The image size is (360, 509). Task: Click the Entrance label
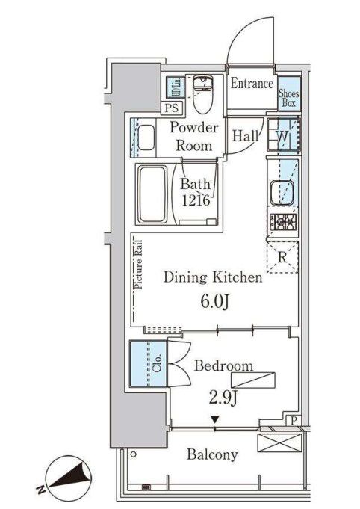pyautogui.click(x=252, y=84)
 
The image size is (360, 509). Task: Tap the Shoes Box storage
pyautogui.click(x=289, y=99)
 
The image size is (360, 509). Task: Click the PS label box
pyautogui.click(x=172, y=108)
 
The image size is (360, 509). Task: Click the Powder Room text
pyautogui.click(x=193, y=136)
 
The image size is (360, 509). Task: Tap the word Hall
pyautogui.click(x=246, y=136)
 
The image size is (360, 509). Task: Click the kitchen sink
pyautogui.click(x=282, y=191)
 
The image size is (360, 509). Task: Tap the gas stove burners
pyautogui.click(x=284, y=222)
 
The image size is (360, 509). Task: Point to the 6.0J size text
pyautogui.click(x=214, y=302)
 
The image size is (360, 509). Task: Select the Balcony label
pyautogui.click(x=212, y=454)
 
